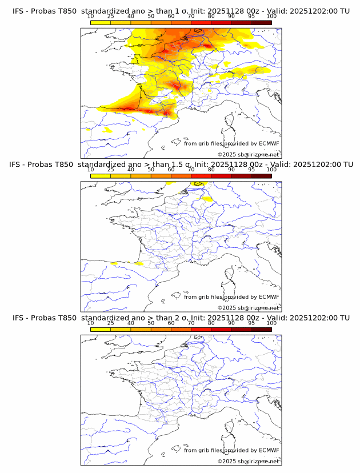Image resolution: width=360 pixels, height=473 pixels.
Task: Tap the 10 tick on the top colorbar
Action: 91,17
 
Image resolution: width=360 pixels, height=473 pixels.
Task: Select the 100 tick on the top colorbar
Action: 271,17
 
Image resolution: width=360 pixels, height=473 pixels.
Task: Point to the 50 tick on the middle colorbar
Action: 151,170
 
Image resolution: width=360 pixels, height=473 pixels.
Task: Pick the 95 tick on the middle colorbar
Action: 251,170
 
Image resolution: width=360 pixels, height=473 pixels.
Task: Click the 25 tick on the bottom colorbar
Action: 111,323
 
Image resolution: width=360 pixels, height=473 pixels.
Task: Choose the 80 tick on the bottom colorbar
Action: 211,323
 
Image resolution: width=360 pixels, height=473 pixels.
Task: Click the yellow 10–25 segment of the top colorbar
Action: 101,22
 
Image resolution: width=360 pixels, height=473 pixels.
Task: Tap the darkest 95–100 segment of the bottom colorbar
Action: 261,329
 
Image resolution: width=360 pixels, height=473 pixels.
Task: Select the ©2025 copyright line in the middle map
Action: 248,308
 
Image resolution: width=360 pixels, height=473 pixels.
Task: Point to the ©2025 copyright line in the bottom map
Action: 248,461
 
